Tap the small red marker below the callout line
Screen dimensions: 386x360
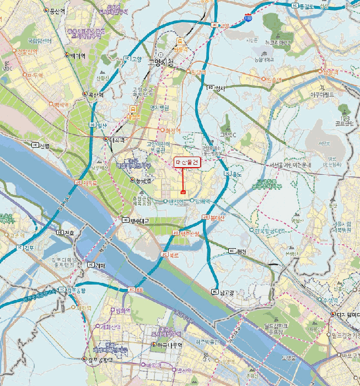coord(183,192)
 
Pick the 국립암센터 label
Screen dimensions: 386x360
coord(39,41)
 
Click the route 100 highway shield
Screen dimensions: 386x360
coord(248,18)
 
